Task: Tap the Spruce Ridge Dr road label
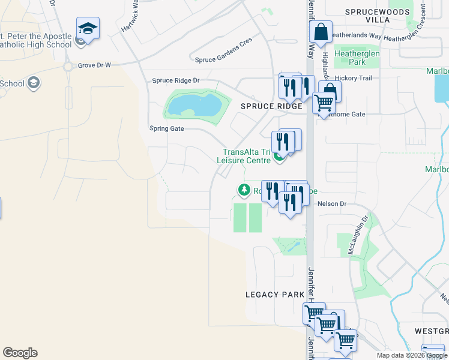tap(175, 80)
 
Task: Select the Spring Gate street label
tap(166, 128)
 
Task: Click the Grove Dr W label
tap(94, 65)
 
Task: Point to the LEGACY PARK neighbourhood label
tap(271, 295)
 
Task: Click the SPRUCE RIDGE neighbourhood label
tap(271, 106)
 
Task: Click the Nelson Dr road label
tap(335, 204)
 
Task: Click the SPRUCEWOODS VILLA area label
tap(378, 16)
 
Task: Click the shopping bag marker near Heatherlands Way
tap(321, 32)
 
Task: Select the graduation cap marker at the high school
tap(88, 29)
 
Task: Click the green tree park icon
tap(244, 190)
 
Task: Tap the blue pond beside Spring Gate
tap(194, 106)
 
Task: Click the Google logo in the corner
tap(20, 353)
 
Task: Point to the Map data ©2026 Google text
tap(412, 355)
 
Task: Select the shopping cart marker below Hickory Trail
tap(324, 103)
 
